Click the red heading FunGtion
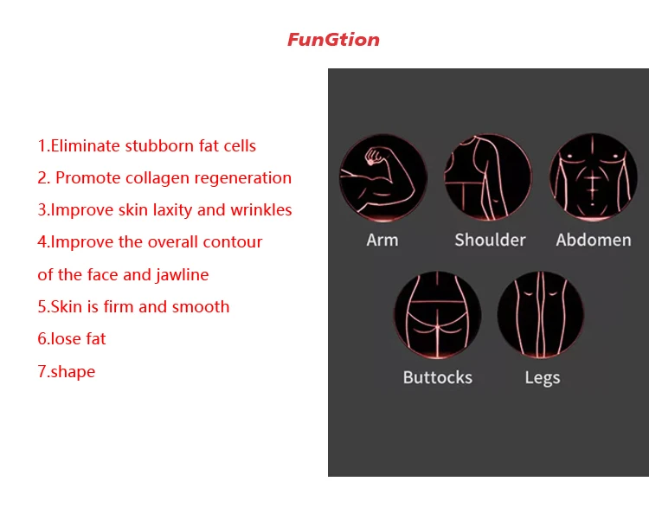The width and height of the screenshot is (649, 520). [x=333, y=40]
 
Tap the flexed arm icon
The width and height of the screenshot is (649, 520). [x=383, y=177]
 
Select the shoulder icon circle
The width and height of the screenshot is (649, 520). [x=488, y=177]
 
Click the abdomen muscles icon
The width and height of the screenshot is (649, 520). [x=593, y=177]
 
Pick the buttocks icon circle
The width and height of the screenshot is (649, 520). [x=438, y=315]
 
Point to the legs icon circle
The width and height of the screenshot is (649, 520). [x=541, y=314]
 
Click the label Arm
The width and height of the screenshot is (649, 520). [x=382, y=241]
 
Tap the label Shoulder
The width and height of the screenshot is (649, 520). [x=490, y=241]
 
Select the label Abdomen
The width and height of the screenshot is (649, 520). [x=594, y=241]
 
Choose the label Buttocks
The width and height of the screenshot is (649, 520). [x=438, y=377]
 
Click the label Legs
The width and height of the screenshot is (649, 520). [x=543, y=378]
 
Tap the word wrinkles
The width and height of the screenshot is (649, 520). [x=261, y=210]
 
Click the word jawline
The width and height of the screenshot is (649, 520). [x=182, y=275]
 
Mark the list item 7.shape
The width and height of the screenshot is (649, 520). [x=67, y=372]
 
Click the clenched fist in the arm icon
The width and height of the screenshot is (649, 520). [x=375, y=157]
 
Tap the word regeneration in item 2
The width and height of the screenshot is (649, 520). [x=243, y=178]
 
